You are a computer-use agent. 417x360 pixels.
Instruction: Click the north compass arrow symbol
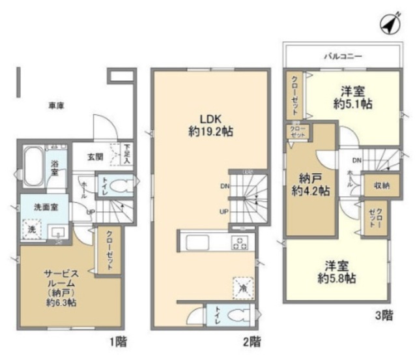pos(388,25)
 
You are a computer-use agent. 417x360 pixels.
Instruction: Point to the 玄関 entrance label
pos(94,157)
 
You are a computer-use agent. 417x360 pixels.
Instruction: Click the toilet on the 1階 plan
pos(119,186)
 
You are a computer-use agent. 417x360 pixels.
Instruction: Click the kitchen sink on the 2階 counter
pos(197,243)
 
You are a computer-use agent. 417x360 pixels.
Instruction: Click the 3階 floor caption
pos(384,316)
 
